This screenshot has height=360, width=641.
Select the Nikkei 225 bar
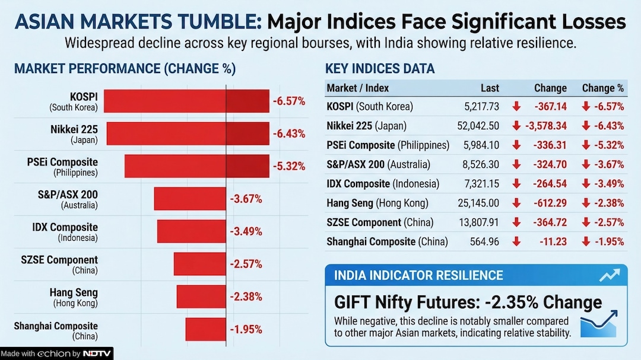pyautogui.click(x=187, y=133)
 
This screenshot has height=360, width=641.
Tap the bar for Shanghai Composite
pyautogui.click(x=206, y=329)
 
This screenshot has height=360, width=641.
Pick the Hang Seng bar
pyautogui.click(x=201, y=297)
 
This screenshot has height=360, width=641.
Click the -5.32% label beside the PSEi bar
pyautogui.click(x=289, y=166)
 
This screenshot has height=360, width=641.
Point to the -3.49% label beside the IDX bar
pyautogui.click(x=246, y=231)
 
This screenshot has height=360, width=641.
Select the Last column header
pyautogui.click(x=490, y=88)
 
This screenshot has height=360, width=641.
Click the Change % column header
pyautogui.click(x=602, y=88)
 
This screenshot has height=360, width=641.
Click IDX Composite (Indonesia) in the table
pyautogui.click(x=383, y=184)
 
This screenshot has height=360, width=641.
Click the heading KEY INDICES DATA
pyautogui.click(x=380, y=68)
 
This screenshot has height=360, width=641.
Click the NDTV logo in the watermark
pyautogui.click(x=96, y=354)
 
